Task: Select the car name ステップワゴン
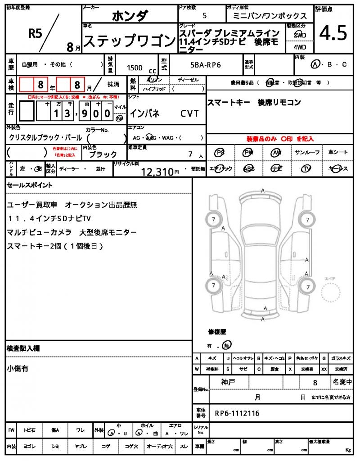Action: point(130,41)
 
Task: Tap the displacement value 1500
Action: point(135,68)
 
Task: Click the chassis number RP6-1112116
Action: point(237,413)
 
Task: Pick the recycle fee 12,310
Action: point(157,171)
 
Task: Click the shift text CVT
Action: point(189,113)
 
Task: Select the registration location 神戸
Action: point(228,382)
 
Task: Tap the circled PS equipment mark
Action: point(220,153)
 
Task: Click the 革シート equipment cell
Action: point(338,153)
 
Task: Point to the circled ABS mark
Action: point(248,168)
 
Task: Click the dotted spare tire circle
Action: point(332,295)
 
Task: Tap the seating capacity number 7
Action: point(190,154)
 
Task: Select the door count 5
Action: point(205,16)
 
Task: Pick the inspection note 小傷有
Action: point(18,368)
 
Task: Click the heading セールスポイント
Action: point(30,185)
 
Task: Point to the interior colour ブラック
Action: point(103,154)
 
